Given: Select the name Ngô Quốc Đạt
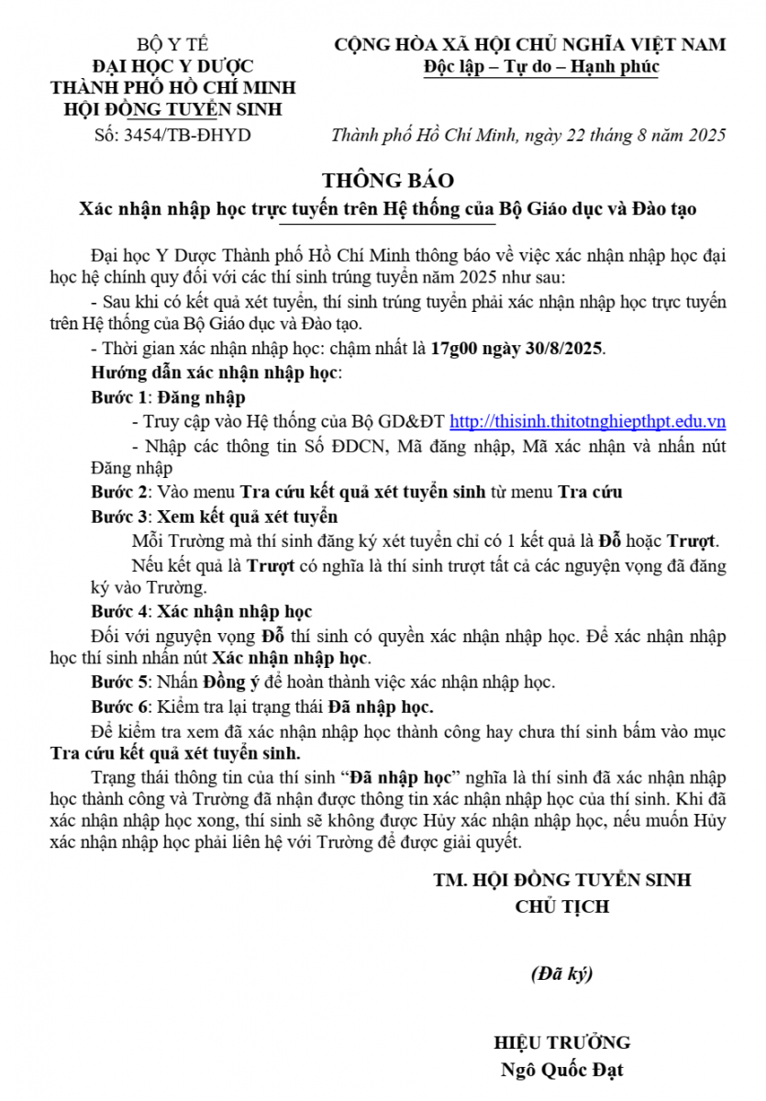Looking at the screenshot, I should click(561, 1070).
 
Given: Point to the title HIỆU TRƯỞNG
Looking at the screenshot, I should click(561, 1043).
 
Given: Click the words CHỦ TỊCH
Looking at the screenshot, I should click(561, 906).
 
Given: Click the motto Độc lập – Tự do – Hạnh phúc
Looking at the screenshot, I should click(541, 67).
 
